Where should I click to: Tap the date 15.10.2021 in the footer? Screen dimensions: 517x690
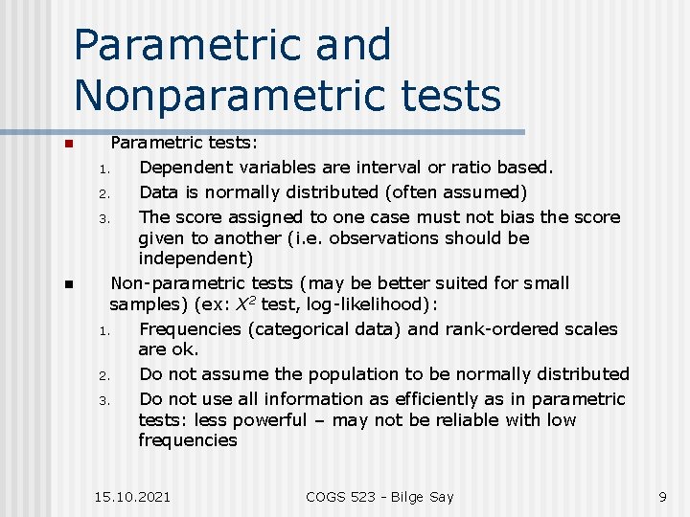click(133, 496)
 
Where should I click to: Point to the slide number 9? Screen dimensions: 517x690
click(662, 496)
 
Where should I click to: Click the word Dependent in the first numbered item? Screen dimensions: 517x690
click(184, 168)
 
